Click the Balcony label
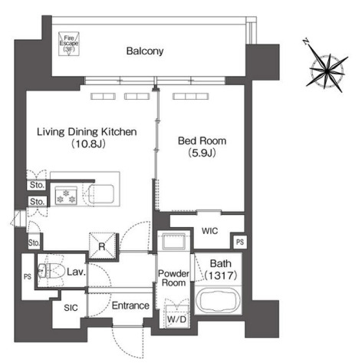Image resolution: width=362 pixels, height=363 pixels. tap(145, 51)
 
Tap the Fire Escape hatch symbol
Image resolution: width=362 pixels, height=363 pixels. tap(69, 44)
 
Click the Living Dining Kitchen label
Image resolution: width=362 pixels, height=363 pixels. tap(87, 132)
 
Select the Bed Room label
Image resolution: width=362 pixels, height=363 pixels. tap(202, 140)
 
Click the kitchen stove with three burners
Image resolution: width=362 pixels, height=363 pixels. tap(66, 196)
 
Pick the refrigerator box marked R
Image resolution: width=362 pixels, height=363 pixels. tap(102, 246)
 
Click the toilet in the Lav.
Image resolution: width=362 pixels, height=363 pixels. tap(51, 270)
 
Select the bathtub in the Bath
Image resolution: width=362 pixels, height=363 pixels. tap(218, 301)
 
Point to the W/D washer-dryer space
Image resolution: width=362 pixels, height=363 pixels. tap(177, 316)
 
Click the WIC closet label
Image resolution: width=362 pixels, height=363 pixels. tap(209, 231)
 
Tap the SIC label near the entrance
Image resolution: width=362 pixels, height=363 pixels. tap(71, 308)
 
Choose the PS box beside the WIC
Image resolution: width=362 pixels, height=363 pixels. tap(240, 242)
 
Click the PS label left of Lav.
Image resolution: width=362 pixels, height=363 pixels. tap(28, 276)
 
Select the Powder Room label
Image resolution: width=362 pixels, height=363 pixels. tap(173, 278)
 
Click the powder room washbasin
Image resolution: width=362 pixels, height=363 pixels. tap(174, 241)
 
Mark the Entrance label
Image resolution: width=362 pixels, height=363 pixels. tap(130, 305)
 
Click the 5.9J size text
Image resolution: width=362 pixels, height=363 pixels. tap(202, 153)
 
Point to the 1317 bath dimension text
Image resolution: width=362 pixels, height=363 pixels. tap(221, 276)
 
